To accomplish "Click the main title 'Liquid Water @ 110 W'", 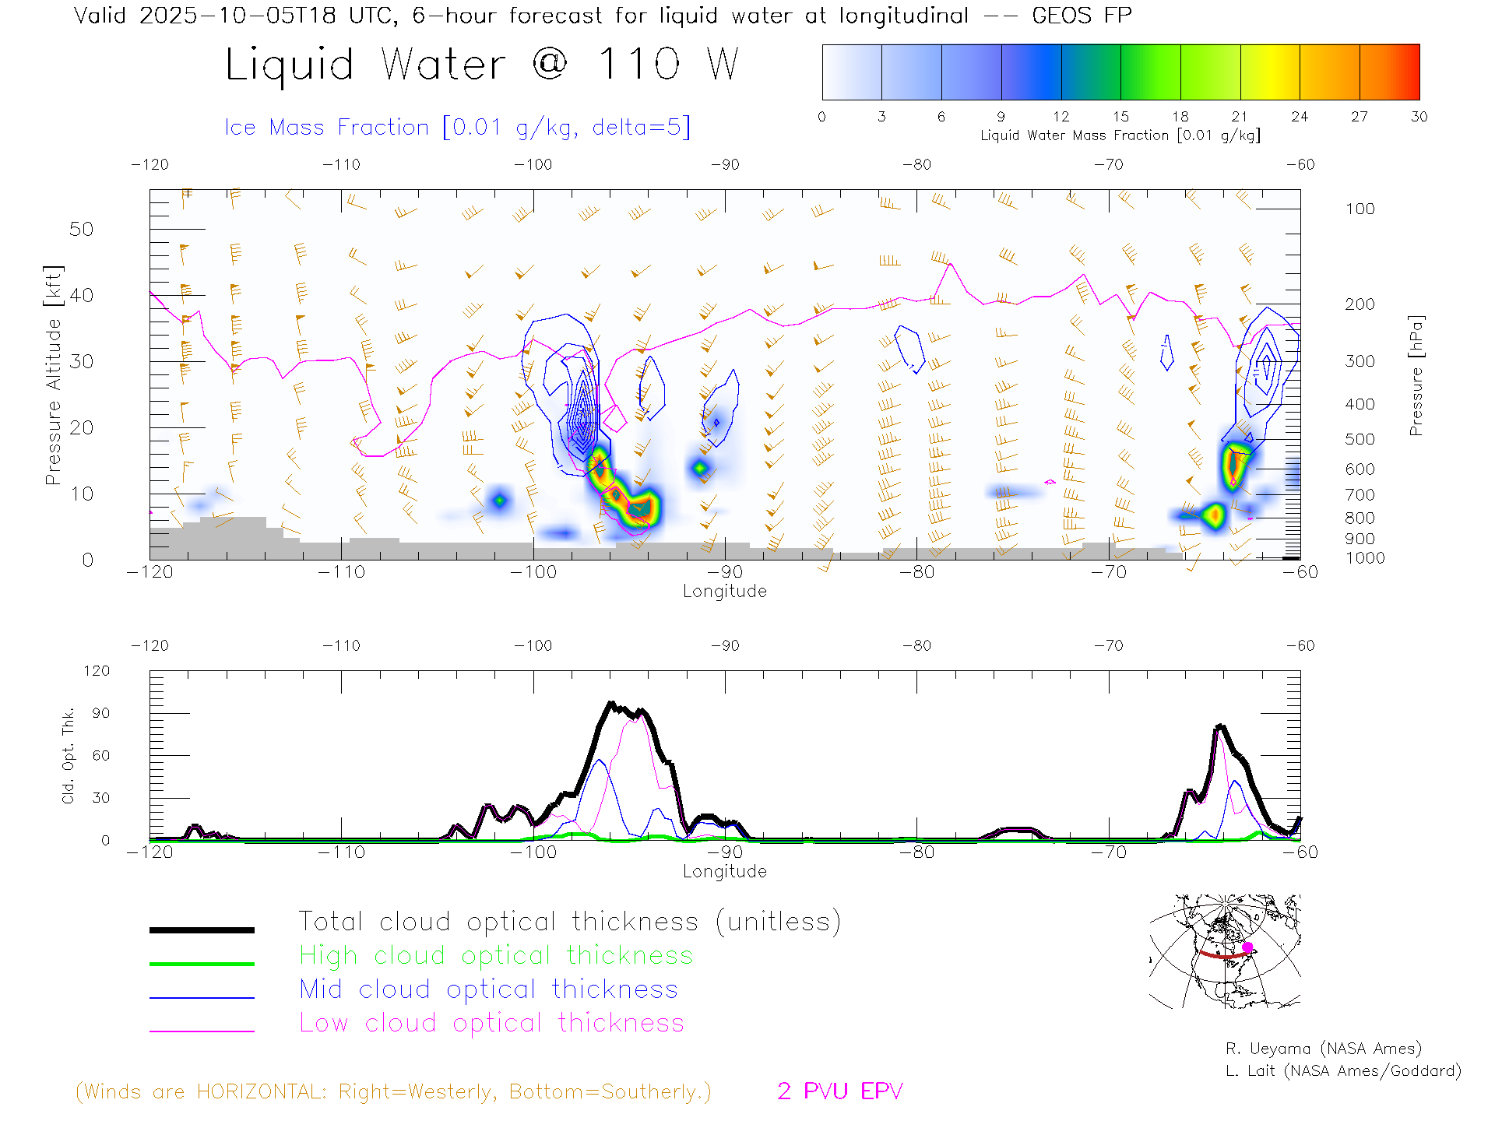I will (481, 65).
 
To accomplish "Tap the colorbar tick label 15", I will (1120, 117).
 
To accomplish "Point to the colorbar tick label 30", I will (1419, 117).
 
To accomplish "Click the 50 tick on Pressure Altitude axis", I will (81, 229).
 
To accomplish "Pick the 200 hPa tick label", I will (1360, 304).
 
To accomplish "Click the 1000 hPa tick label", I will (1365, 558).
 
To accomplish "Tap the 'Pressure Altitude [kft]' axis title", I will (53, 375).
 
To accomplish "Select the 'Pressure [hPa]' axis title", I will (1416, 375).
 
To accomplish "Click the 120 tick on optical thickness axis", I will (97, 671).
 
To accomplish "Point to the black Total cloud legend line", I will (202, 929).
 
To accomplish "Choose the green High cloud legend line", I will (202, 964).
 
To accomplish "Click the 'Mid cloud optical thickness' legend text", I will (488, 989).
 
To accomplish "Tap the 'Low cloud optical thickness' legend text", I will (491, 1023).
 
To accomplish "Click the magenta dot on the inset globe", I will (1247, 947).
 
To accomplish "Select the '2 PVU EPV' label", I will (839, 1091).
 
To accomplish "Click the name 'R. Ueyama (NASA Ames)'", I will (1323, 1049).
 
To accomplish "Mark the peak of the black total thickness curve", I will (611, 703).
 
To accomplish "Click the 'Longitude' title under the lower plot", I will (724, 871).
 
